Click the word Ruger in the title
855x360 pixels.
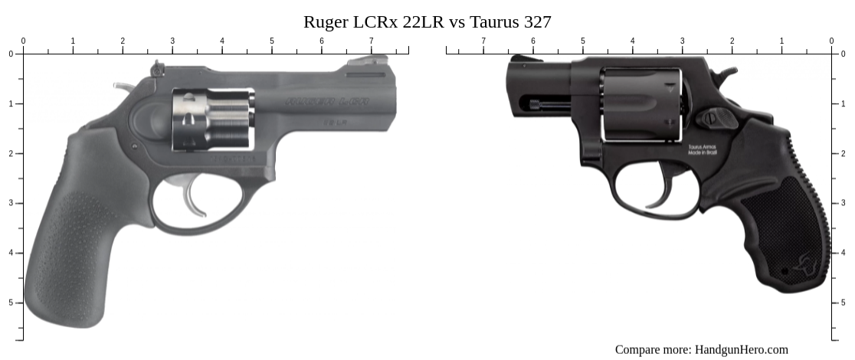pyautogui.click(x=325, y=21)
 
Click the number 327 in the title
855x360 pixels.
pyautogui.click(x=537, y=21)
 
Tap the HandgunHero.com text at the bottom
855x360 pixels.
pyautogui.click(x=741, y=349)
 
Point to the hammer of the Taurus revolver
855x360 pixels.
pyautogui.click(x=725, y=74)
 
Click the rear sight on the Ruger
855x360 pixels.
pyautogui.click(x=159, y=70)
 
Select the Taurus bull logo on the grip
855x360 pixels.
pyautogui.click(x=805, y=265)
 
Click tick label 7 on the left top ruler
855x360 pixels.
pyautogui.click(x=371, y=41)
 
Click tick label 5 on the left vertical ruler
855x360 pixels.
pyautogui.click(x=10, y=303)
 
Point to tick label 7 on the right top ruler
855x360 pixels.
pyautogui.click(x=483, y=41)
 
